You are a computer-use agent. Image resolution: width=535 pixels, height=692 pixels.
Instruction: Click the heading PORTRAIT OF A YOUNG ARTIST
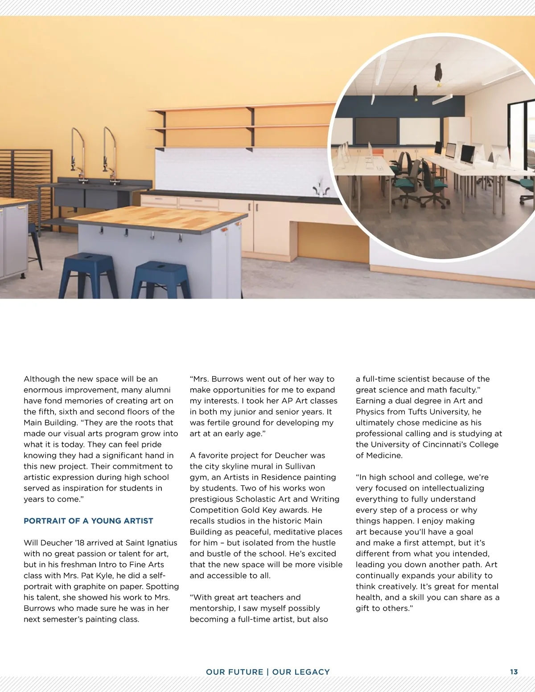pyautogui.click(x=88, y=521)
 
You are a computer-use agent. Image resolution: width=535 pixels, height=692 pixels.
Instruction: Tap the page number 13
pyautogui.click(x=514, y=672)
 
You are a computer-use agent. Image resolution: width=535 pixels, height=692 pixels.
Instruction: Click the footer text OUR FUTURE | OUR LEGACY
pyautogui.click(x=267, y=672)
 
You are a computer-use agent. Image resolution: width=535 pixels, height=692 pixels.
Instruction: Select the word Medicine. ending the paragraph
pyautogui.click(x=383, y=455)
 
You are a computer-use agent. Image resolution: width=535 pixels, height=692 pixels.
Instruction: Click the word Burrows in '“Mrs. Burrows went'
pyautogui.click(x=227, y=379)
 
